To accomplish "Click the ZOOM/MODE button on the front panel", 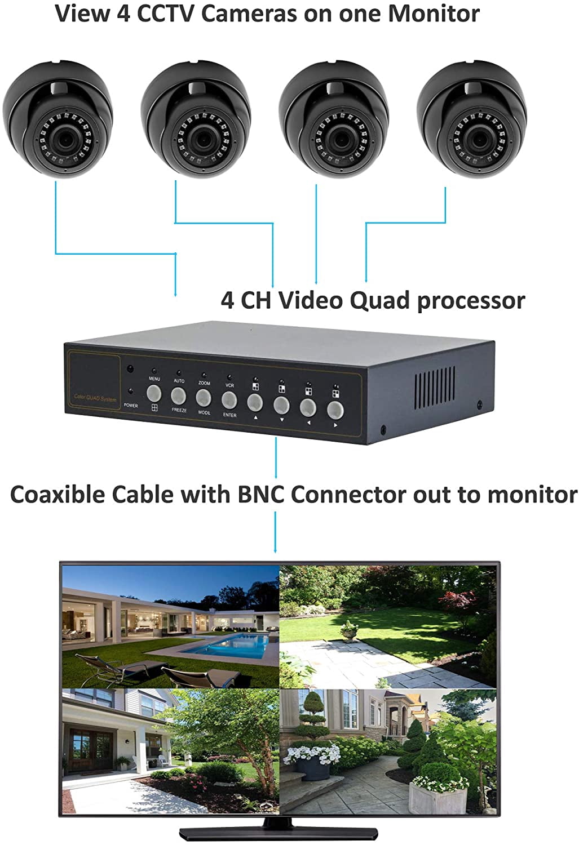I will coord(204,397).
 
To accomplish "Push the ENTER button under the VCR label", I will coord(229,400).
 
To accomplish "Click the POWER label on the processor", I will coord(131,405).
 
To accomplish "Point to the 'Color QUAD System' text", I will coord(95,398).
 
